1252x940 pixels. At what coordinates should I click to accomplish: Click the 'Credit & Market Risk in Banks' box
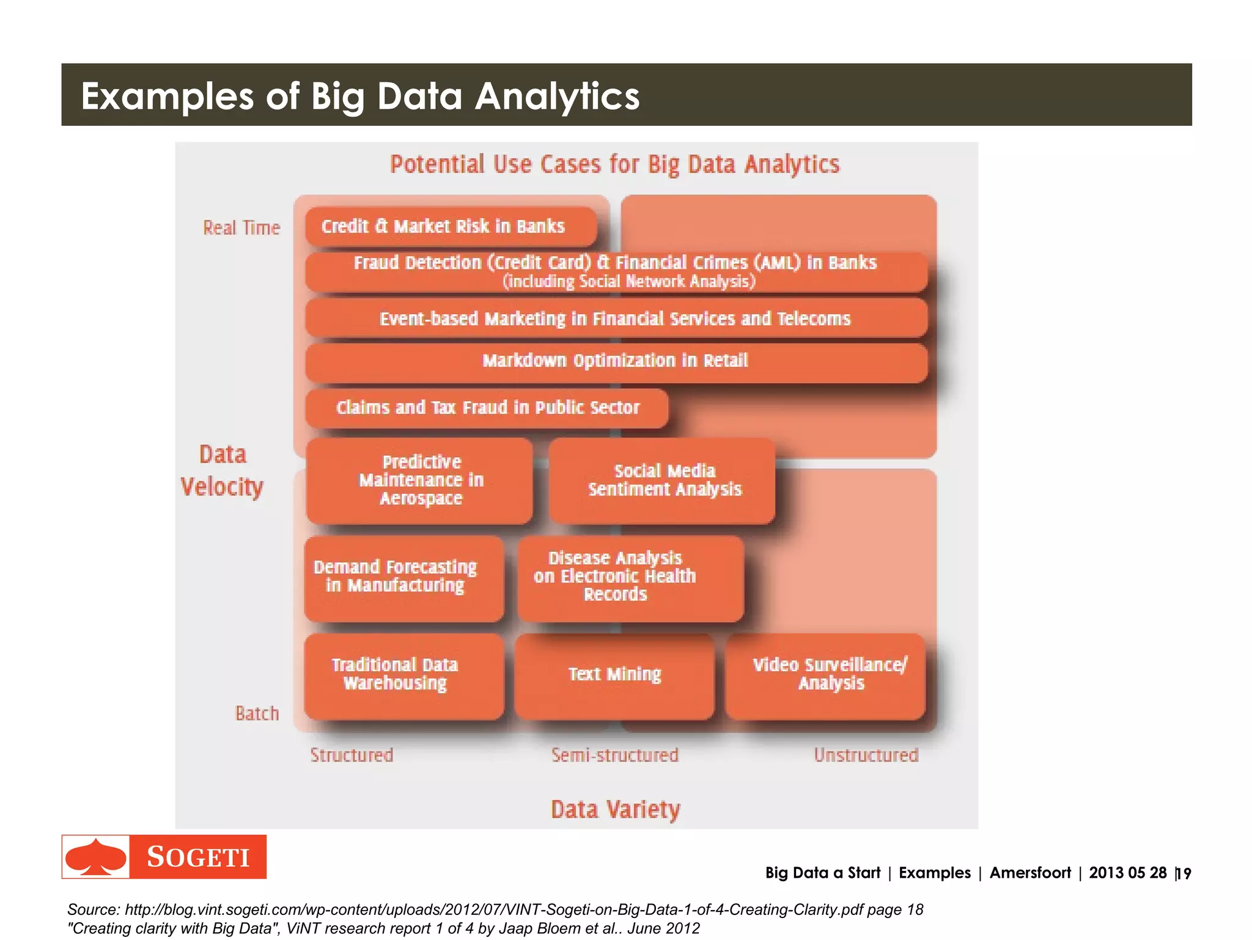point(451,227)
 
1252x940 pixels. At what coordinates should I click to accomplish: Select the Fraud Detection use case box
point(616,271)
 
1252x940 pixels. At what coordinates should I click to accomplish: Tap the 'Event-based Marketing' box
point(616,318)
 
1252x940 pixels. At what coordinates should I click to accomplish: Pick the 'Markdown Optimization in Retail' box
point(616,361)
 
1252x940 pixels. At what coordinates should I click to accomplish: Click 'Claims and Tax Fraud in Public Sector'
point(487,408)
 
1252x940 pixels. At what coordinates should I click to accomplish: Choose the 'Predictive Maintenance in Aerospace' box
point(420,480)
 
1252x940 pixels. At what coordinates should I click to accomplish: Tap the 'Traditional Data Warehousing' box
point(403,675)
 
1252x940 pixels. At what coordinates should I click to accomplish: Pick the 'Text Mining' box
point(614,675)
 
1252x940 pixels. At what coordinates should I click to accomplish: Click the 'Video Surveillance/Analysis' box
point(826,675)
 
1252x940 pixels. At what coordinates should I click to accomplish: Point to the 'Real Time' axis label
point(241,228)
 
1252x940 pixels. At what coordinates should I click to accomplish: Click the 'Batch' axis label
point(257,713)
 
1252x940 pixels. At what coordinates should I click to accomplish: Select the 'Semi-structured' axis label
point(614,755)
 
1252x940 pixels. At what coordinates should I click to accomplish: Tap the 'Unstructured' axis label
point(866,755)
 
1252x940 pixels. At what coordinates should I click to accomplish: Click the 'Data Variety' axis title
point(615,809)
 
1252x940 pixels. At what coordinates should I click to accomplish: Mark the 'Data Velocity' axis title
point(223,471)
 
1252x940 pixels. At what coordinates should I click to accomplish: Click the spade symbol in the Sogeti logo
point(96,857)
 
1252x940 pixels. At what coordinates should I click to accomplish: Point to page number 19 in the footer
point(1184,873)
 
